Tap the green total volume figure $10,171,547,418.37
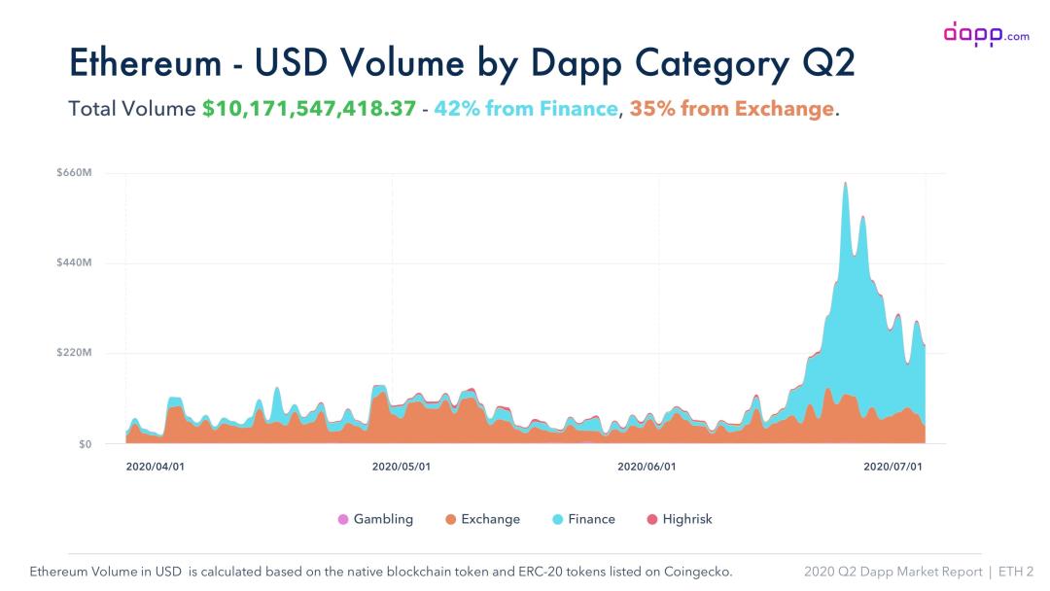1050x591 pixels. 309,108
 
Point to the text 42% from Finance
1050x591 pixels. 526,108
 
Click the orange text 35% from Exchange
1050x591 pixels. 731,108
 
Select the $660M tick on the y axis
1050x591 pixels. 74,173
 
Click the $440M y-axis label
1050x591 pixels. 74,263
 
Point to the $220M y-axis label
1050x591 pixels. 74,353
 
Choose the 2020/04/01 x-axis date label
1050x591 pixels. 156,467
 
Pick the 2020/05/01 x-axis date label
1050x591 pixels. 402,467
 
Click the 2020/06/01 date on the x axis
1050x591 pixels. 647,467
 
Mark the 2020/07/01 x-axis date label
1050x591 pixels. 892,467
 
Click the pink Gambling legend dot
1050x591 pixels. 343,520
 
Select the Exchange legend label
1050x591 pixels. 490,520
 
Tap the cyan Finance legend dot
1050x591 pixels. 558,520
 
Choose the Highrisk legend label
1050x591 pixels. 687,520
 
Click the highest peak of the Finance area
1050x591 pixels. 845,184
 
